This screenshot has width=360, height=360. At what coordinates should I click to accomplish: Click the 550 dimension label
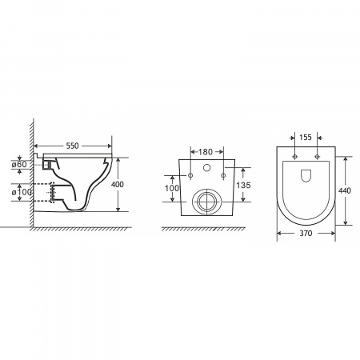coord(73,146)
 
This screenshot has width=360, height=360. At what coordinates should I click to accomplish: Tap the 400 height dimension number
coord(118,184)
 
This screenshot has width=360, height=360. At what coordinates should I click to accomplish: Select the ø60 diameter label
coord(19,164)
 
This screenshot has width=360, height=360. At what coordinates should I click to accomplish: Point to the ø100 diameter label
coord(22,192)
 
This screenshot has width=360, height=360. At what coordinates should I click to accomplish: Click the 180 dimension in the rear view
coord(206,152)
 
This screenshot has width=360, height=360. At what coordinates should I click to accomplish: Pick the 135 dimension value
coord(243,185)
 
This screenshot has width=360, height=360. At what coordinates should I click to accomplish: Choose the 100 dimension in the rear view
coord(172,188)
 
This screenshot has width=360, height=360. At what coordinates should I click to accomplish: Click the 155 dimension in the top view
coord(306,137)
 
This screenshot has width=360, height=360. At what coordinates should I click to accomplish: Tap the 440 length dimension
coord(345,190)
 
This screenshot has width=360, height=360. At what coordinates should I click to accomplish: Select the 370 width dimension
coord(306,234)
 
